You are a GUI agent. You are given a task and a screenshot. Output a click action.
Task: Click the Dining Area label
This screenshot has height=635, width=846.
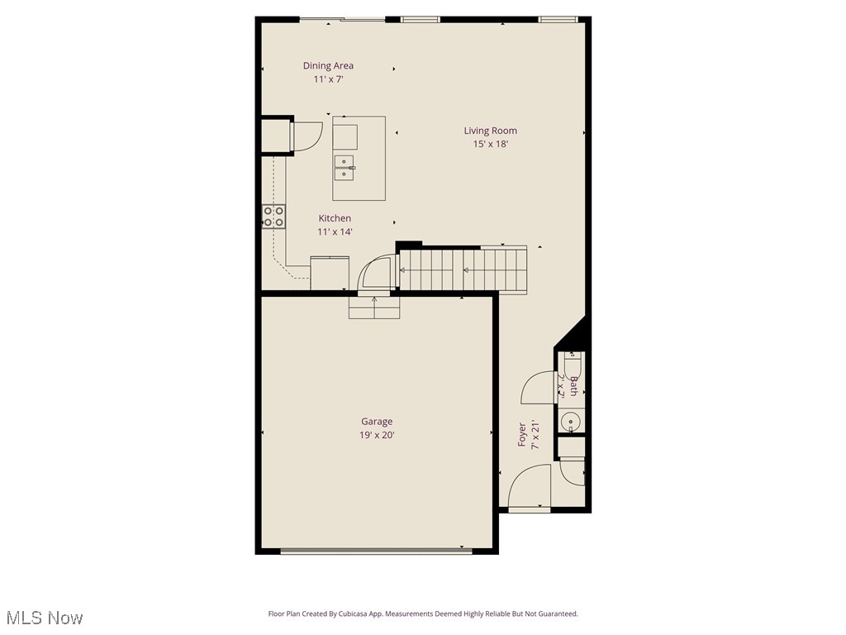click(328, 65)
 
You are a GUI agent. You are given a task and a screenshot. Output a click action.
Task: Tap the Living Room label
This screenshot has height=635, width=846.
click(490, 130)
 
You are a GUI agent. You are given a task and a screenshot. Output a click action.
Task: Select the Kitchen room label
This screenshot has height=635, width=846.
click(335, 218)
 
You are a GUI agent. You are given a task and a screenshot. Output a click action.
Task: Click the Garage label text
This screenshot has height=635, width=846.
click(377, 422)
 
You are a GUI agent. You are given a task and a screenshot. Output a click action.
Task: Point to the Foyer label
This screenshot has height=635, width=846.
click(522, 435)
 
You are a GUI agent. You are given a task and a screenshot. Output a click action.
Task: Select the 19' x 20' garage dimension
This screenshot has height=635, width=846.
click(377, 435)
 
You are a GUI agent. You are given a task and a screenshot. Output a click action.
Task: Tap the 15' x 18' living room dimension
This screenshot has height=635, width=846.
click(490, 144)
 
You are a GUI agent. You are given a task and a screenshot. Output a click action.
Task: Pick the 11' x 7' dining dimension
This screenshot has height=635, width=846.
click(328, 79)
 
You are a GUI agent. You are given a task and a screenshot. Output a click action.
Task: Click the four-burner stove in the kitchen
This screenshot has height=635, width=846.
click(274, 217)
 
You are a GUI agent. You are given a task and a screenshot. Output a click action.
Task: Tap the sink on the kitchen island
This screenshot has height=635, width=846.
click(345, 167)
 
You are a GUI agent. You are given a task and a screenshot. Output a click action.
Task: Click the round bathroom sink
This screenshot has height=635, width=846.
click(571, 423)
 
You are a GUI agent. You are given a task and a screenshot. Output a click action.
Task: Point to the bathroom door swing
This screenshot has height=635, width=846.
click(541, 389)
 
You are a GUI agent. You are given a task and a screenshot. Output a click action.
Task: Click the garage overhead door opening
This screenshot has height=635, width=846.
click(376, 549)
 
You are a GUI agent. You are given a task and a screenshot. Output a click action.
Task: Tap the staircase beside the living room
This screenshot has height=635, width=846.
click(463, 269)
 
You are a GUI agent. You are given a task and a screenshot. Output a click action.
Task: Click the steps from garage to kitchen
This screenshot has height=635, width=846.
click(374, 308)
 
